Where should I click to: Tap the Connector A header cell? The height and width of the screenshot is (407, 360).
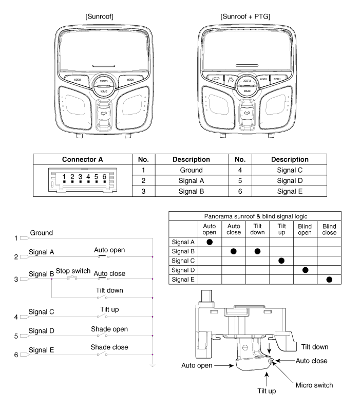(82, 160)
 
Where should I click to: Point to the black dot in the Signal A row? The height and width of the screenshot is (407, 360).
(210, 242)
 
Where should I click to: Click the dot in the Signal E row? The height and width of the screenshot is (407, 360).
(329, 280)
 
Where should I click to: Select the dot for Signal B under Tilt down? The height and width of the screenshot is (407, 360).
(257, 251)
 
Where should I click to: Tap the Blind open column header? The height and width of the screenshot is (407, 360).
(305, 229)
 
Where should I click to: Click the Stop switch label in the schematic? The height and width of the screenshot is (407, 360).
(73, 271)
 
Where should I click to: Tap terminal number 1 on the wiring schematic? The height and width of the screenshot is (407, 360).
(16, 238)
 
